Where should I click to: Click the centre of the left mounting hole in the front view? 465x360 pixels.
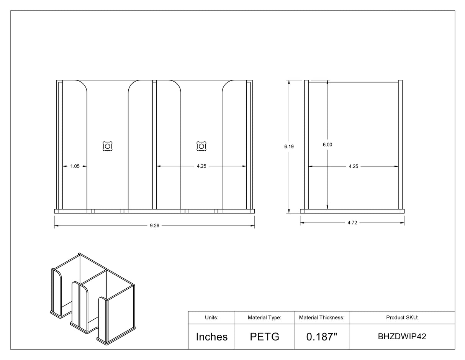point(107,146)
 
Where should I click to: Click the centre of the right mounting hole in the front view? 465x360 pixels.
point(201,146)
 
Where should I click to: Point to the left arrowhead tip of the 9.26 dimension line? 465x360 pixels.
point(54,225)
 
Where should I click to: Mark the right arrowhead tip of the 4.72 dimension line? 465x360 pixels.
point(404,223)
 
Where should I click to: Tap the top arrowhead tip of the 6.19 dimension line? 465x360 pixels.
point(289,80)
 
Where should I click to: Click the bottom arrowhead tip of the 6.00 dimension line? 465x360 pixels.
point(327,209)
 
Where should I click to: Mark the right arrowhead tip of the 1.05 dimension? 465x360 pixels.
point(87,166)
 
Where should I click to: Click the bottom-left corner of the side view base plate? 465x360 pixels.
point(300,213)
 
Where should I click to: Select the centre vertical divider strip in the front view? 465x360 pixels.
point(154,145)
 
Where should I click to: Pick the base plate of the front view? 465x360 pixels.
point(154,211)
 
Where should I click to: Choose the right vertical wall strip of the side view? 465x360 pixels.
point(400,145)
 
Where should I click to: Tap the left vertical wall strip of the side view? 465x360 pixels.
point(306,145)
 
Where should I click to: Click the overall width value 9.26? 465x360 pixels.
point(154,226)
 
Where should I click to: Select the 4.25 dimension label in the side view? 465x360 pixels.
point(353,166)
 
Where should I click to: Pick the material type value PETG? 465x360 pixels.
point(265,337)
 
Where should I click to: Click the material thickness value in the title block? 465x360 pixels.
point(322,337)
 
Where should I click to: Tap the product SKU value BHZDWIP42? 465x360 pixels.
point(402,337)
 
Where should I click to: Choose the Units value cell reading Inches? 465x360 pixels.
point(212,337)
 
